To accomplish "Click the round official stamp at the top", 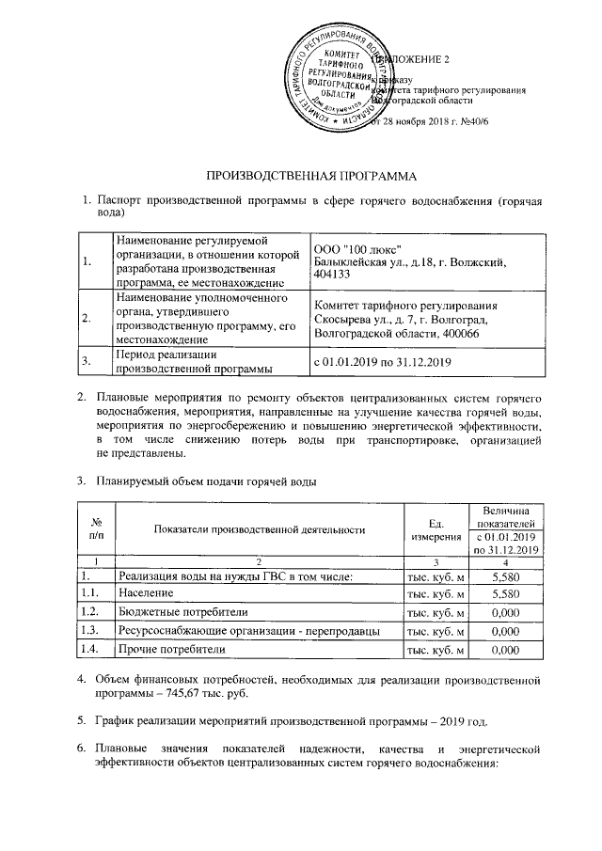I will pos(340,74).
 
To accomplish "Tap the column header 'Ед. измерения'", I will pos(435,528).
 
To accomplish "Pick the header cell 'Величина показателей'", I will pos(505,514).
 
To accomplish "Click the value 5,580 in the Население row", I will pos(505,593).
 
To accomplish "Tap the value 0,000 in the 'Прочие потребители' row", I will pos(505,649).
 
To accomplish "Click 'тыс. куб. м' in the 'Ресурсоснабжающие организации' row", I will pos(435,630).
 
